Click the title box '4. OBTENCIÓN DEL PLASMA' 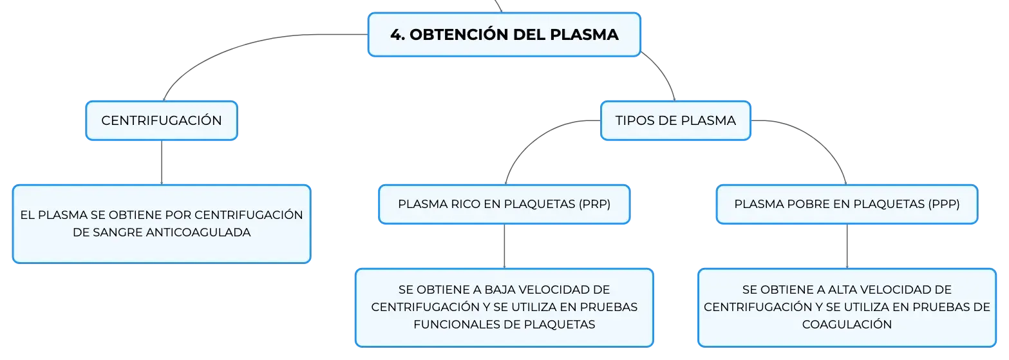(x=504, y=35)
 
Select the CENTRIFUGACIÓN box (x=162, y=120)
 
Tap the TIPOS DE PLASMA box (x=675, y=120)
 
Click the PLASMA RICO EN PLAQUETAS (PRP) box (x=504, y=204)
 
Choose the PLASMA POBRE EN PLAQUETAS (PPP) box (x=847, y=204)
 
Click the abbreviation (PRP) (x=594, y=204)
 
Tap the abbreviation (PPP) (x=944, y=204)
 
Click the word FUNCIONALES (x=457, y=325)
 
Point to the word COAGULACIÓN (x=847, y=325)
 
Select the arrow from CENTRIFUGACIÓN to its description (x=162, y=162)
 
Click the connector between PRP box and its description (x=505, y=246)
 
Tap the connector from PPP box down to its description (x=847, y=246)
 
